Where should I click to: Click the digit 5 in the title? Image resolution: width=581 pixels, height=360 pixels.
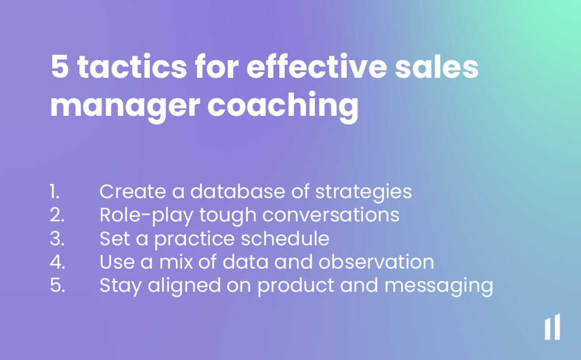click(x=60, y=67)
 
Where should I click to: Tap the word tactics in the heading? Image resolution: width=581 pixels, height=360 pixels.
click(x=132, y=67)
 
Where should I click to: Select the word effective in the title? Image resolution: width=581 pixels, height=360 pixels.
click(x=317, y=66)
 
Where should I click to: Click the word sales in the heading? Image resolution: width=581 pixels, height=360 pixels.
click(x=436, y=67)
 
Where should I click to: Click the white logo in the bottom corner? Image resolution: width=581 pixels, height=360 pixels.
click(x=552, y=326)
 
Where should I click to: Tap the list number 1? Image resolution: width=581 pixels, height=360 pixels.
click(x=54, y=192)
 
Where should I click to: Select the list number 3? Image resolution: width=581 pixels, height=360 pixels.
click(x=57, y=238)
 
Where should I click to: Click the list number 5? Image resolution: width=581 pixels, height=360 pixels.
click(x=57, y=285)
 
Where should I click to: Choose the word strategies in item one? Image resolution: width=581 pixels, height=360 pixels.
click(x=364, y=193)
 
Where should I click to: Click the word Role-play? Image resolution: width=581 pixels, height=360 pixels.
click(x=146, y=216)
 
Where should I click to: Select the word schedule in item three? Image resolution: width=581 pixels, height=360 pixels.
click(x=285, y=238)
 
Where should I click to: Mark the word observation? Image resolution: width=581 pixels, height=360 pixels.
click(x=376, y=262)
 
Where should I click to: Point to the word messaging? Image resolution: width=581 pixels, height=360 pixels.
click(x=439, y=287)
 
